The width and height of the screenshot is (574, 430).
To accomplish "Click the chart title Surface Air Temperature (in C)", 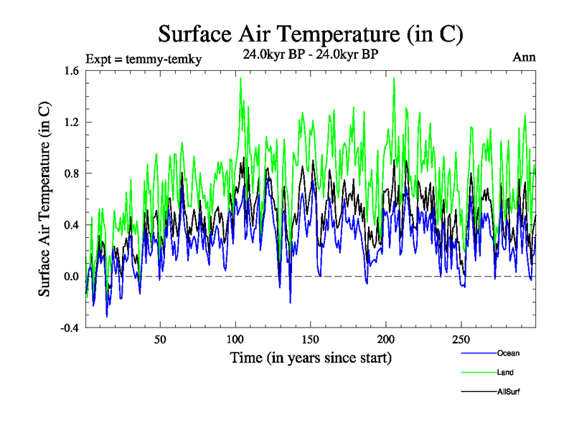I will click(x=311, y=34).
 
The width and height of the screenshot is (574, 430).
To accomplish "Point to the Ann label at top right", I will click(x=524, y=57).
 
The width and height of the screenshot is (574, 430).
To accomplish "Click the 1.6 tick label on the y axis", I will click(x=72, y=71).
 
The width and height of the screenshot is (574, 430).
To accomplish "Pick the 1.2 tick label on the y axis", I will click(x=72, y=123).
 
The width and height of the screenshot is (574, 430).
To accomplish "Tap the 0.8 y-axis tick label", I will click(x=72, y=173).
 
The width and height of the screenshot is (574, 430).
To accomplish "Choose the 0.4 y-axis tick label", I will click(x=72, y=225).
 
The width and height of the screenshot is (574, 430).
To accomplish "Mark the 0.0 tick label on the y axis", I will click(x=72, y=277).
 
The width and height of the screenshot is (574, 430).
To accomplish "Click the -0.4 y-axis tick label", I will click(x=70, y=328).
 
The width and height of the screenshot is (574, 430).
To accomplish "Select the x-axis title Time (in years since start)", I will click(x=311, y=357).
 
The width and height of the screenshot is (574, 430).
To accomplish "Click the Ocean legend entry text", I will click(x=507, y=353).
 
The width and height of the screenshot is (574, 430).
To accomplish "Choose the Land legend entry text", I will click(x=505, y=373).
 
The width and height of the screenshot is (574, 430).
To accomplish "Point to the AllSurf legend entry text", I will click(x=508, y=392).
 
